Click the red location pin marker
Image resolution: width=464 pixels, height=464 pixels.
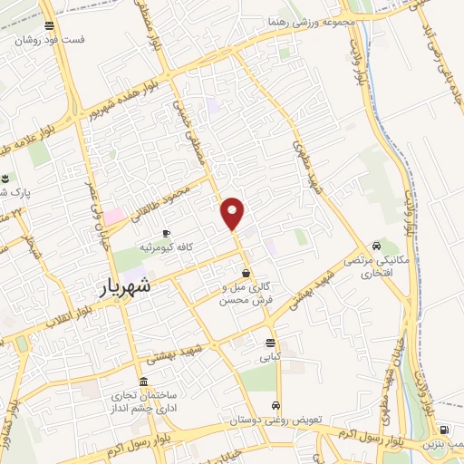pyautogui.click(x=233, y=213)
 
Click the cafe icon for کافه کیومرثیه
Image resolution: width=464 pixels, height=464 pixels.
pyautogui.click(x=166, y=234)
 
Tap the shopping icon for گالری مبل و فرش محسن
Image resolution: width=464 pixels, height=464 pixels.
pyautogui.click(x=246, y=273)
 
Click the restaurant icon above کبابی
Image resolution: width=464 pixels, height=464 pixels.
pyautogui.click(x=269, y=343)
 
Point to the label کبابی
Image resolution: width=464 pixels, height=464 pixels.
pyautogui.click(x=270, y=357)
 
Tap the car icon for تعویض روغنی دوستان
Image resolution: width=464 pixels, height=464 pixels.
pyautogui.click(x=276, y=406)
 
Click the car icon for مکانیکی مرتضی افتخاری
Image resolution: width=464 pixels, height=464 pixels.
pyautogui.click(x=375, y=246)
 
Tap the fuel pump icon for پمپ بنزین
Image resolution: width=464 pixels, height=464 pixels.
pyautogui.click(x=443, y=430)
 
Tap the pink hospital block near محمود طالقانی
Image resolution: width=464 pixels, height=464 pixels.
pyautogui.click(x=114, y=217)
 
